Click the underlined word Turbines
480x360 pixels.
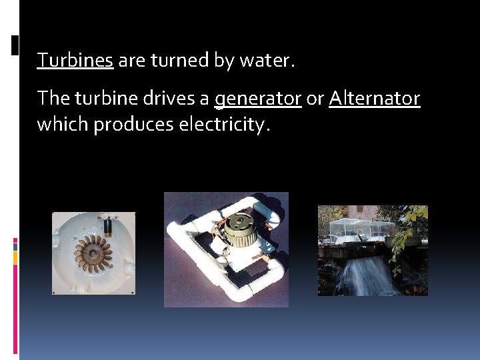(75, 61)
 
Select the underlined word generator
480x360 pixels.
(258, 99)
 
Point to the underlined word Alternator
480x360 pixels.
(374, 99)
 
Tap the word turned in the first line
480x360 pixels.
(180, 61)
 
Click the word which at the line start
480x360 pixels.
(63, 125)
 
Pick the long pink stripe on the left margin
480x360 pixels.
(15, 307)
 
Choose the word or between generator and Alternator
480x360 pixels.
(315, 99)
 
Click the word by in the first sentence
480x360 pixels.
(224, 61)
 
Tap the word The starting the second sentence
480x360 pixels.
(53, 99)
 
